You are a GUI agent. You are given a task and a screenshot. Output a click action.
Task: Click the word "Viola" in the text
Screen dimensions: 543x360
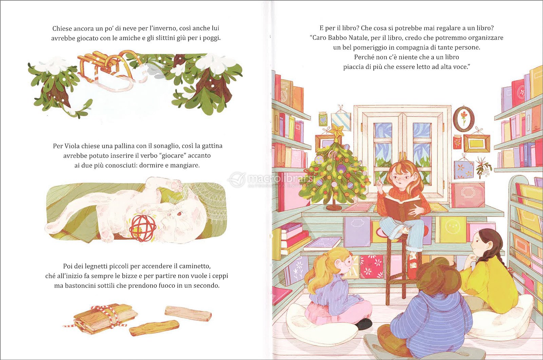click(72, 146)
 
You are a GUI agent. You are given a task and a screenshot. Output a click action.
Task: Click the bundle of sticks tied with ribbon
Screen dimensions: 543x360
click(102, 318)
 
